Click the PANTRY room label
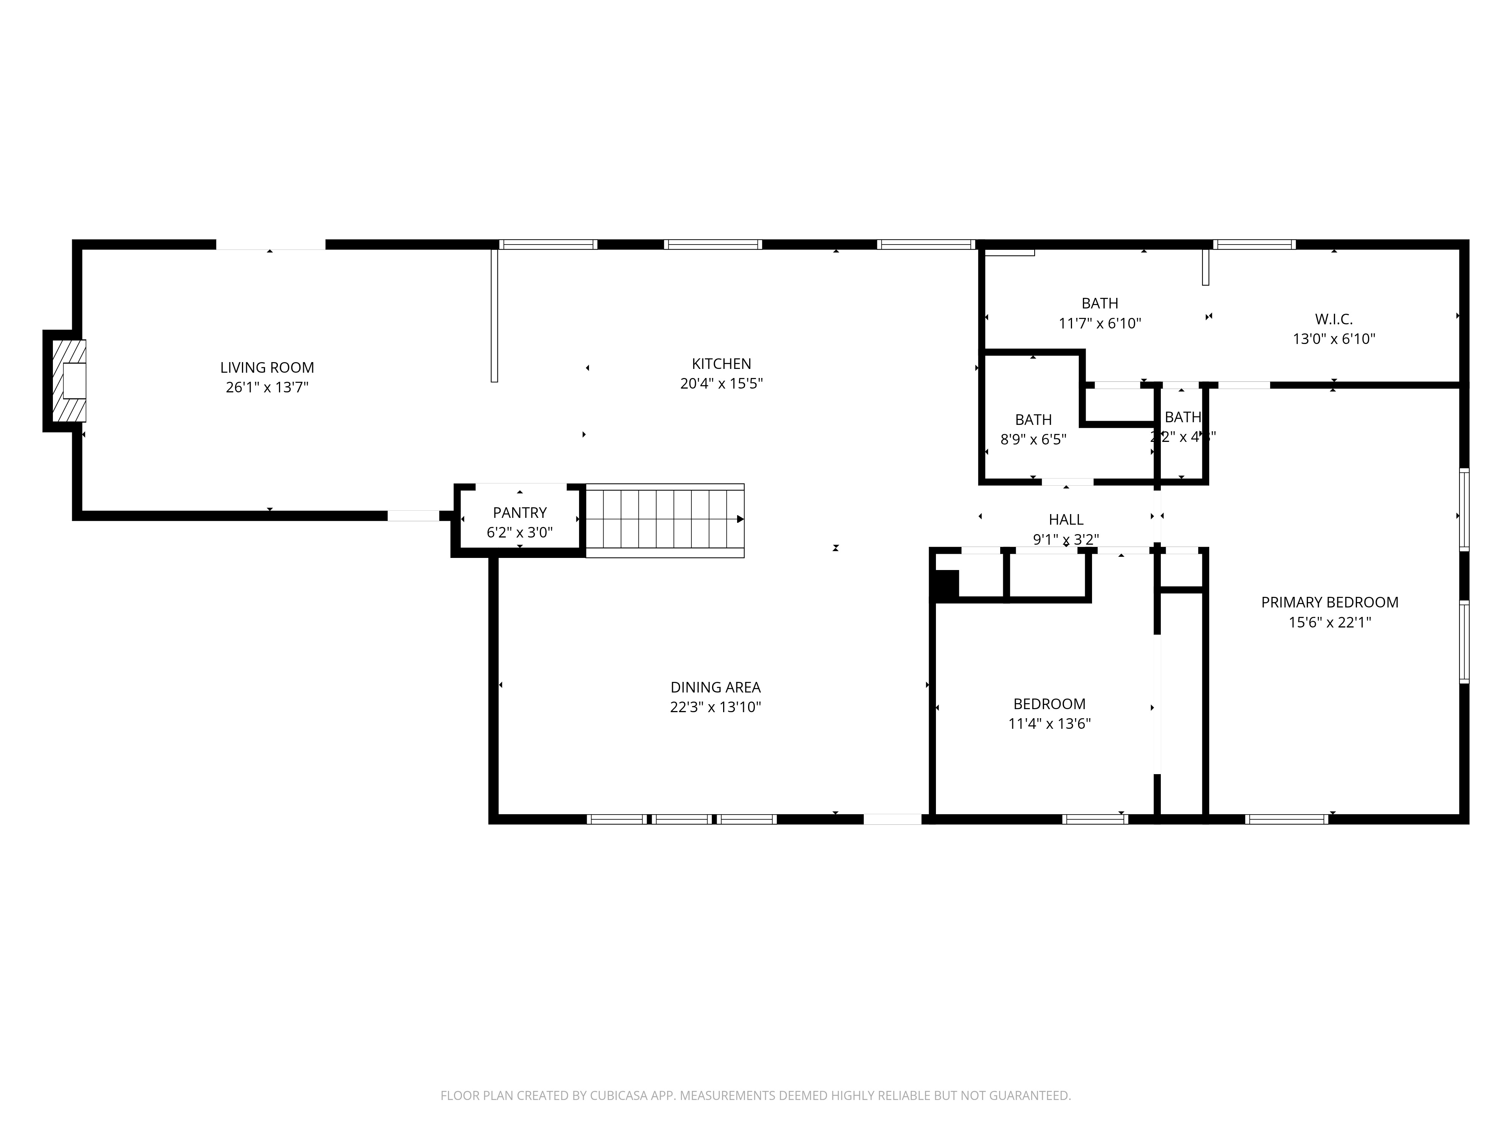(x=519, y=513)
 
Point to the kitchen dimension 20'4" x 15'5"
(x=721, y=383)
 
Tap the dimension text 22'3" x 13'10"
(x=715, y=707)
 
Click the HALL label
(x=1066, y=519)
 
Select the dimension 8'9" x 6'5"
(x=1033, y=440)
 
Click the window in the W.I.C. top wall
(x=1253, y=245)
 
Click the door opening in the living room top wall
(x=271, y=245)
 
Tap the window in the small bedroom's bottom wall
(x=1094, y=819)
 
